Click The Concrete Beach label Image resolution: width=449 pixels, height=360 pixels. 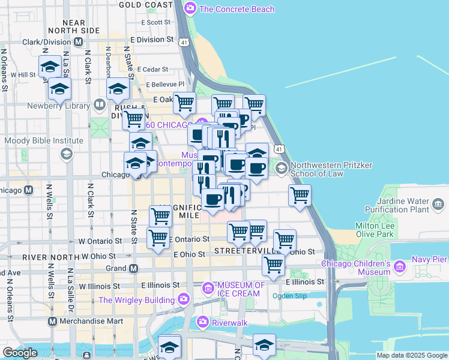[x=237, y=9]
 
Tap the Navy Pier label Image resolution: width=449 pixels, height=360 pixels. [x=429, y=259]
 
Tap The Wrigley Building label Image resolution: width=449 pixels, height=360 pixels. [x=136, y=299]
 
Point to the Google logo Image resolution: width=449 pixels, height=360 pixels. [x=20, y=353]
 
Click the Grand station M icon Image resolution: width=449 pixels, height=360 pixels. [x=134, y=268]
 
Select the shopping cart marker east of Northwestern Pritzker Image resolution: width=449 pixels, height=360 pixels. [x=300, y=195]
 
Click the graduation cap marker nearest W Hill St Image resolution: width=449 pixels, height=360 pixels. [x=50, y=67]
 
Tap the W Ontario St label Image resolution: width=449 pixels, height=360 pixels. [x=100, y=241]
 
